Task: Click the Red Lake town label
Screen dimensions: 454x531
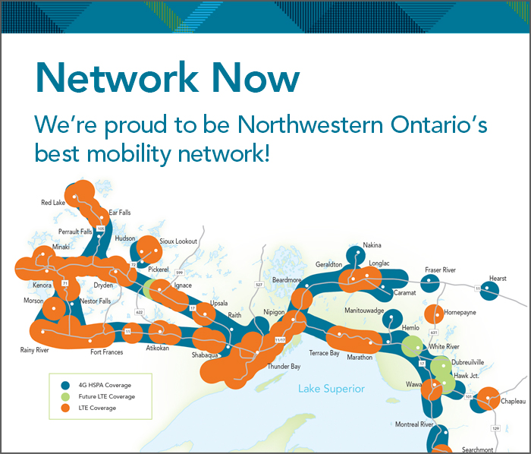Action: pos(53,203)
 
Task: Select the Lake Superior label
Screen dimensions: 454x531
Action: pos(331,389)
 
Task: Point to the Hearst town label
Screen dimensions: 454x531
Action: pos(498,279)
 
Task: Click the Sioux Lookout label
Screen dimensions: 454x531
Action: pos(179,241)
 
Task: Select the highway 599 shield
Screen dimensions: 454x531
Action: pos(180,272)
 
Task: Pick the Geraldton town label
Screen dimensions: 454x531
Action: pos(328,264)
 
